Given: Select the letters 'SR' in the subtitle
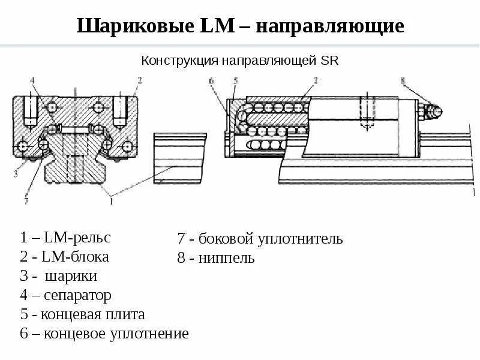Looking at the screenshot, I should click(x=331, y=61).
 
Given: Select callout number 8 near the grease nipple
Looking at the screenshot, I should click(x=403, y=80).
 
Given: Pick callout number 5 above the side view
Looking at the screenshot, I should click(x=236, y=80).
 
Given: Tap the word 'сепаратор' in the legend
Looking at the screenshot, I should click(x=77, y=296).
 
